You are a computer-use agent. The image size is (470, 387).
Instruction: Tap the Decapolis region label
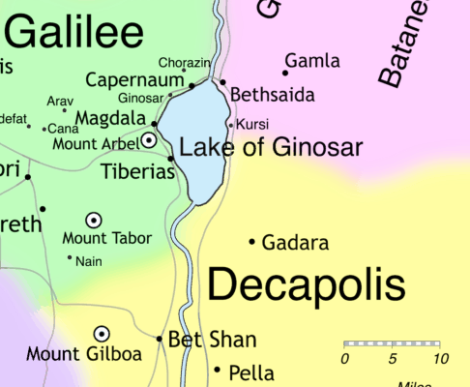306,284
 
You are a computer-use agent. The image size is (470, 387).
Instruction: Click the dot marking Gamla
285,72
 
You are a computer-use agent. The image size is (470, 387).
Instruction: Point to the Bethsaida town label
274,96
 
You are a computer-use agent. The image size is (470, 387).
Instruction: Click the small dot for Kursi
230,124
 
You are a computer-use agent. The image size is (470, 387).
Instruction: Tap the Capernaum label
134,79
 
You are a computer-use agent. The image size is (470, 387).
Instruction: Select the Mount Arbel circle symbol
149,140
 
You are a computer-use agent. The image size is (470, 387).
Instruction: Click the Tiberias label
137,172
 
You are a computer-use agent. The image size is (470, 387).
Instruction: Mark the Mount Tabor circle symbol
94,221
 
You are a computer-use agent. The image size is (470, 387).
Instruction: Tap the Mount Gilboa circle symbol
101,334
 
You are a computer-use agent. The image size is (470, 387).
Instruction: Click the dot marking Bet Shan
160,339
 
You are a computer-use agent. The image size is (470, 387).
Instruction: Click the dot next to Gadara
252,241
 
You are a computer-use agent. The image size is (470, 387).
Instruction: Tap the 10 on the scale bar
440,360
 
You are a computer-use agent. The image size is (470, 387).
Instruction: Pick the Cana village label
64,129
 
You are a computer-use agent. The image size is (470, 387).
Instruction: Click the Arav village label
60,101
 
